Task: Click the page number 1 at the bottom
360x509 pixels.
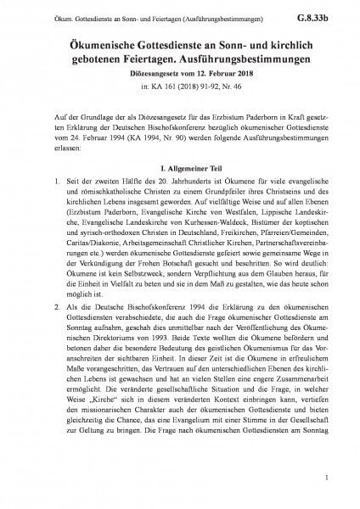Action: [x=337, y=481]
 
